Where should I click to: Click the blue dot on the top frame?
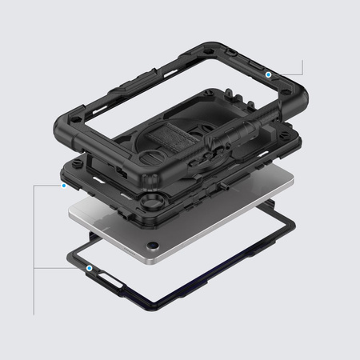coord(269,74)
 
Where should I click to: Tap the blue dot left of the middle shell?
coord(63,185)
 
